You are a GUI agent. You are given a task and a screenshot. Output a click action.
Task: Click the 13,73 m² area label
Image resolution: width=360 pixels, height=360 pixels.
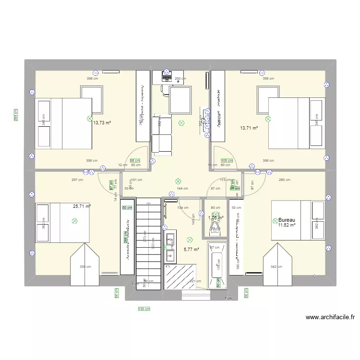click(102, 123)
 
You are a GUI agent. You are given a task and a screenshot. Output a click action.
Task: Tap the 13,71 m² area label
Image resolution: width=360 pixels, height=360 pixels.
click(249, 128)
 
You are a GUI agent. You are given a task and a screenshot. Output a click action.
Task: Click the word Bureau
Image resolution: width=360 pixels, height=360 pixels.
click(287, 219)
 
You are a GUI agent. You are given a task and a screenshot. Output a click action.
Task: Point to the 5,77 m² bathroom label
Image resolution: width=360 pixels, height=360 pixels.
click(191, 250)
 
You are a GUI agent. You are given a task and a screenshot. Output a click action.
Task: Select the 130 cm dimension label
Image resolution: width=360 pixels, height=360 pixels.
click(144, 309)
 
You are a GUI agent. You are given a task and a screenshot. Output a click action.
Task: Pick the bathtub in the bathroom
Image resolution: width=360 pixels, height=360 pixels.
click(217, 265)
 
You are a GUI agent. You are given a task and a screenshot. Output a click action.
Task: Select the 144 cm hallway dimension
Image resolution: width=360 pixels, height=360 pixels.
click(182, 189)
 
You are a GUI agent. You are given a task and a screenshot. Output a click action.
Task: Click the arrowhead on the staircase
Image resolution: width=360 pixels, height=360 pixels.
click(144, 280)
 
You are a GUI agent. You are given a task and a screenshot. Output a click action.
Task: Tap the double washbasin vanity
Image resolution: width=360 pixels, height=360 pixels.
click(170, 245)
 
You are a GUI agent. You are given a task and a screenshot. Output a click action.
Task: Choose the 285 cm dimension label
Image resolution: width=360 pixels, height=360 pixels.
click(284, 180)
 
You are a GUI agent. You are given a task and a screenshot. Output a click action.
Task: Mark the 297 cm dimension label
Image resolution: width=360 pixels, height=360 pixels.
click(77, 180)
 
